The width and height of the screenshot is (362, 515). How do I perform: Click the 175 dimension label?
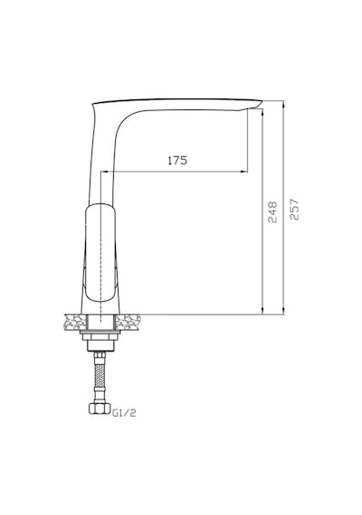177,160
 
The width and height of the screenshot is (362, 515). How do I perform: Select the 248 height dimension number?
272,212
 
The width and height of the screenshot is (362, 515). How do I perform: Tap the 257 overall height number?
294,209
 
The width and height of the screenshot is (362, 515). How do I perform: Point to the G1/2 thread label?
124,413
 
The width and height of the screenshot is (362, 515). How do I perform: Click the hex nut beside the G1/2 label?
100,408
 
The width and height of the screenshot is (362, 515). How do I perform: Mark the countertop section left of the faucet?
75,323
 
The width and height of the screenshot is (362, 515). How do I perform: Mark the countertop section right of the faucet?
128,323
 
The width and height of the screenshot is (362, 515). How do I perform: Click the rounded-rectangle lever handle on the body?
100,253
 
